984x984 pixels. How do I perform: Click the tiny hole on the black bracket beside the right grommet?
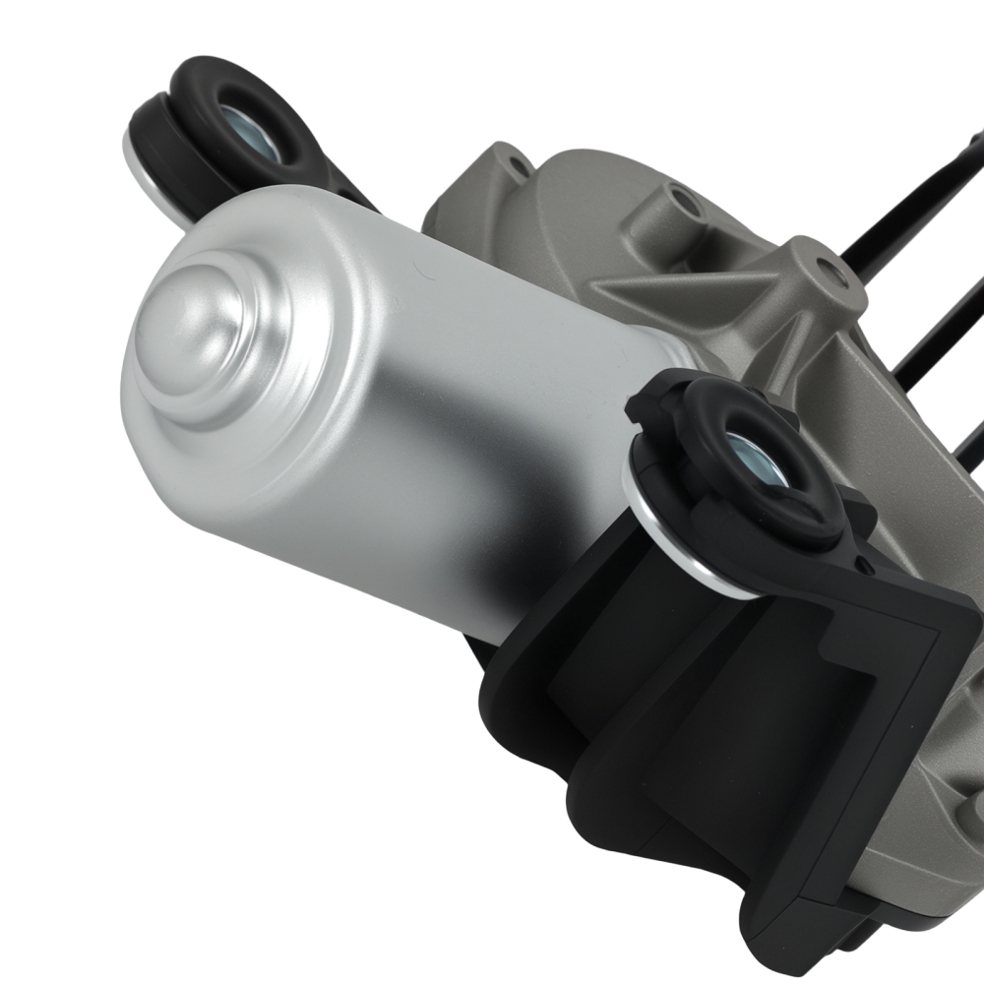864,564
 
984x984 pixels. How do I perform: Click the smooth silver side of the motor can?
413,433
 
